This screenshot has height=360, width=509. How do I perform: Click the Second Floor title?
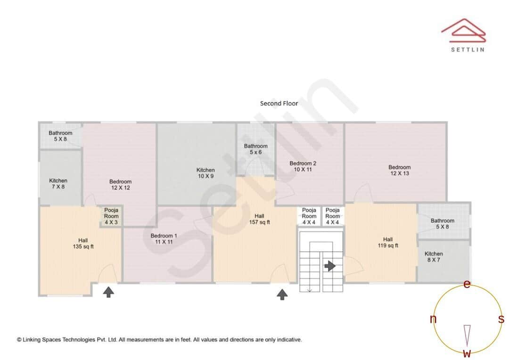tap(279, 103)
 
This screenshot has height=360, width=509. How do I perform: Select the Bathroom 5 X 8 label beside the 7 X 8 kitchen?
tap(60, 136)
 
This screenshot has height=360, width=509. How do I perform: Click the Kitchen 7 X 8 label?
tap(58, 183)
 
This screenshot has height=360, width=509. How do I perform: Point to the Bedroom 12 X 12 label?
tap(120, 184)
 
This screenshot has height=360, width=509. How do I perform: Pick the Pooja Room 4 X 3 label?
tap(111, 216)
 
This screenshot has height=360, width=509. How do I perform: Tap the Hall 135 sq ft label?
tap(83, 243)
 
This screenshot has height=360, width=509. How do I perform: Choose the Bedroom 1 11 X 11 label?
tap(164, 238)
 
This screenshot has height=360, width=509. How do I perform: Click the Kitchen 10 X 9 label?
tap(205, 173)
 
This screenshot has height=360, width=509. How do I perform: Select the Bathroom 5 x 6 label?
tap(255, 149)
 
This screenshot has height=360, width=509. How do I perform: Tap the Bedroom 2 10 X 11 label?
tap(303, 166)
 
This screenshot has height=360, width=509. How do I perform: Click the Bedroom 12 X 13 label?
tap(399, 170)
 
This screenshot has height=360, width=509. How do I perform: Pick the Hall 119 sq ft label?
tap(387, 242)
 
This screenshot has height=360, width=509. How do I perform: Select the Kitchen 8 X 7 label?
tap(434, 256)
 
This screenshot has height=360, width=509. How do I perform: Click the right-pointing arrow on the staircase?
tap(330, 266)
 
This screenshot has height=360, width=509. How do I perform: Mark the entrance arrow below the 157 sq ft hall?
tap(282, 295)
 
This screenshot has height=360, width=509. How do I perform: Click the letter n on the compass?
tap(433, 319)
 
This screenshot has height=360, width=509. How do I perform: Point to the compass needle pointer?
tap(467, 334)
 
